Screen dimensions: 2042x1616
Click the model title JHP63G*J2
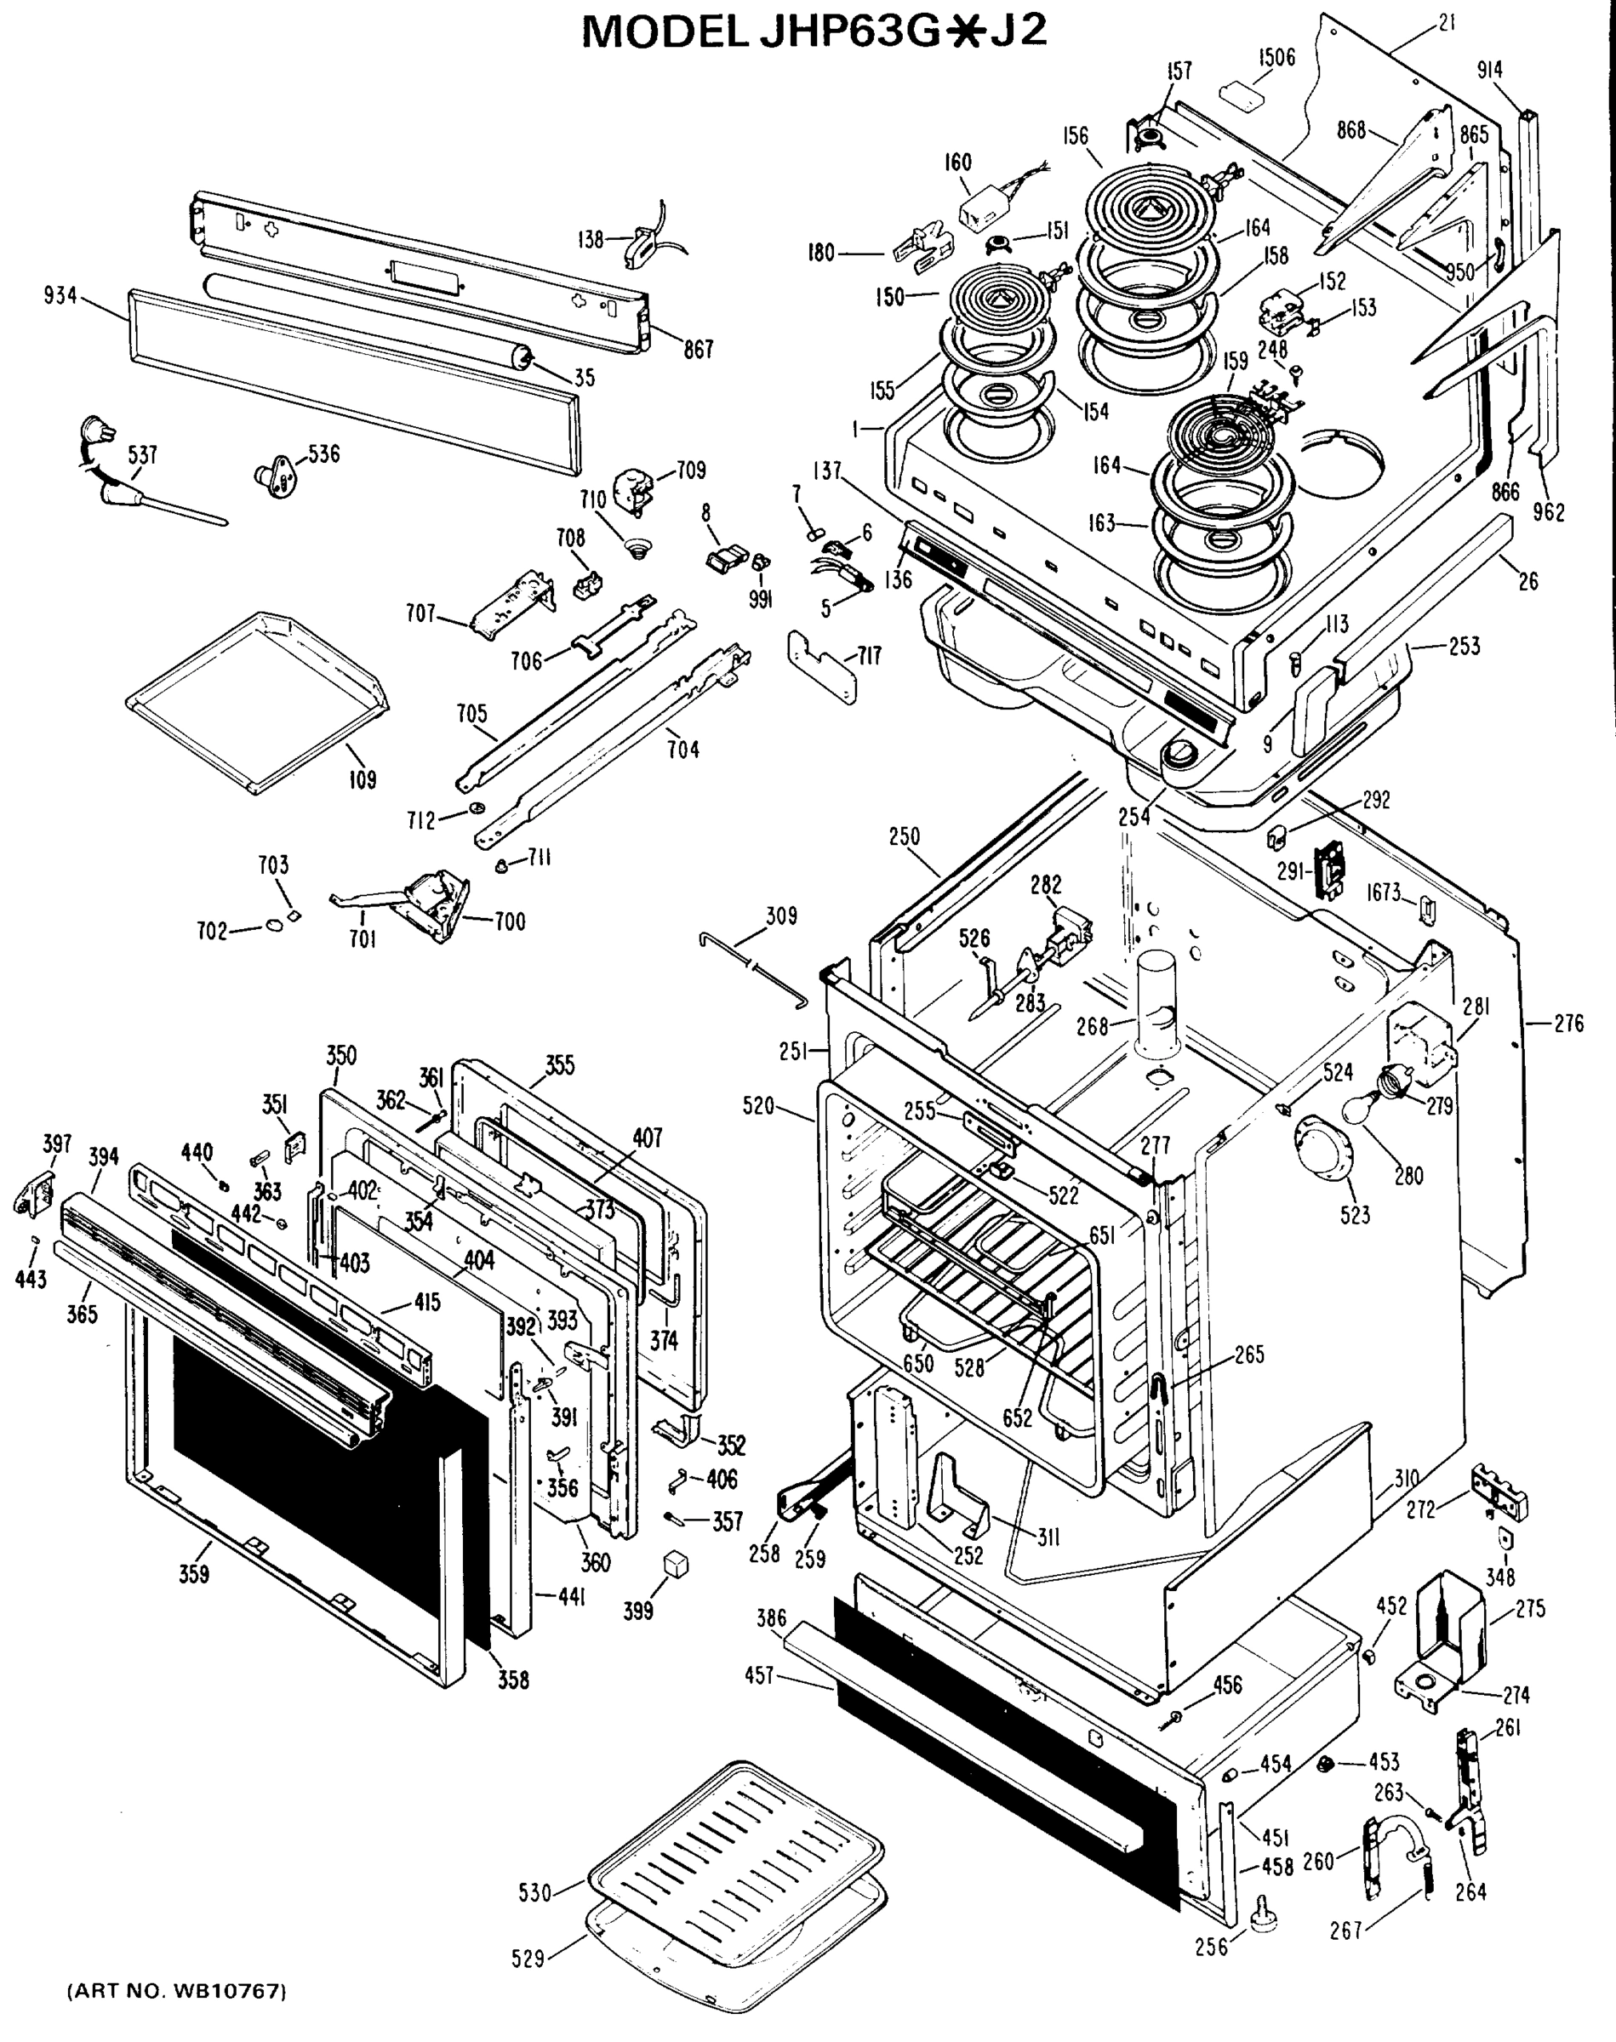(814, 32)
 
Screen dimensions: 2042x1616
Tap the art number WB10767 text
(176, 1991)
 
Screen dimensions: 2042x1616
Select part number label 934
(60, 296)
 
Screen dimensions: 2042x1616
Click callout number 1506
(1276, 57)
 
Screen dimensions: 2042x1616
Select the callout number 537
(143, 455)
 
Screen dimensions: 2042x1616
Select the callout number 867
(699, 350)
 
